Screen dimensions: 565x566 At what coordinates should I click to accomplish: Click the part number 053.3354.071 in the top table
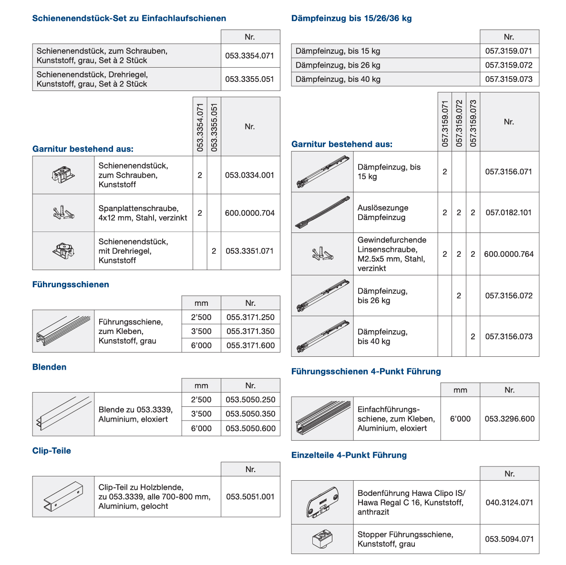(249, 56)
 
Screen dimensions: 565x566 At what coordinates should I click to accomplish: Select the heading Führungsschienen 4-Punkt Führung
(366, 372)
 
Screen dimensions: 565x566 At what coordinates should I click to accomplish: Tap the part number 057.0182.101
(508, 212)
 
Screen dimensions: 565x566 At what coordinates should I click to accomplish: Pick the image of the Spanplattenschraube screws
(63, 212)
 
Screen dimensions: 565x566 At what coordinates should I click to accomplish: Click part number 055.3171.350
(250, 332)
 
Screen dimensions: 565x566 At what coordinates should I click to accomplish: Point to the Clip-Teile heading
(51, 451)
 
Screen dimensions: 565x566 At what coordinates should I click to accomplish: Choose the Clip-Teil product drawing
(63, 496)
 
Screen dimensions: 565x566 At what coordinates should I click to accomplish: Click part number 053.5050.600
(250, 428)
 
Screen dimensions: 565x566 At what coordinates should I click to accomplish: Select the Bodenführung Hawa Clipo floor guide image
(322, 502)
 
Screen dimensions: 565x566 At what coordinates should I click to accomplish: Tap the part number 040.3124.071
(509, 503)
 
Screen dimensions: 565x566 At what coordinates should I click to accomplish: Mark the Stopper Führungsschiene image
(322, 539)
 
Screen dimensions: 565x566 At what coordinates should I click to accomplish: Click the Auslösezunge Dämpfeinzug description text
(383, 212)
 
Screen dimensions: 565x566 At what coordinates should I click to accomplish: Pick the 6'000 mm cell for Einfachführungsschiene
(460, 419)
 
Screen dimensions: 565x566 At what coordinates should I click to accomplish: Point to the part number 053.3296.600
(509, 419)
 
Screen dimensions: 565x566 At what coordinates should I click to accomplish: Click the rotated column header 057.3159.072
(459, 122)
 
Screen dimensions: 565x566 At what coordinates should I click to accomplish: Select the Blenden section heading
(49, 367)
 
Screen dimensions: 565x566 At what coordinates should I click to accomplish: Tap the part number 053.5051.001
(250, 496)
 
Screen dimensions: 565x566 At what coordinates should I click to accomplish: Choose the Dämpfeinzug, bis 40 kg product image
(322, 336)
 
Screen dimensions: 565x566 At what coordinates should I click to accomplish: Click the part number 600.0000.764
(509, 254)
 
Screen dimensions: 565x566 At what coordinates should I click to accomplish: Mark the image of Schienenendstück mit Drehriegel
(63, 251)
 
